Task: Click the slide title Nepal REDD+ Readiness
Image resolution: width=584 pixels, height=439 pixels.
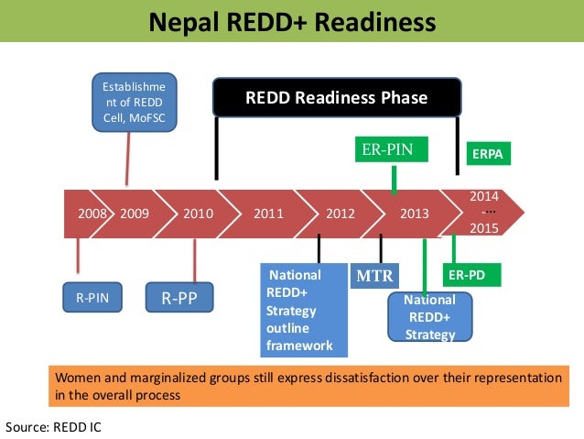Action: point(292,20)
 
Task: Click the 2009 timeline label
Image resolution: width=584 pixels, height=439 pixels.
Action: point(134,214)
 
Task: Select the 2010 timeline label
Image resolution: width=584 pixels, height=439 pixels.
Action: point(199,214)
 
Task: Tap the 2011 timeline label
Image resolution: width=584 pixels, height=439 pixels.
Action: point(268,214)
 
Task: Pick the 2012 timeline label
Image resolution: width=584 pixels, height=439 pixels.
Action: point(341,214)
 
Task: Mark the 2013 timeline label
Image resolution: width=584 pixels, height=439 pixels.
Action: point(414,214)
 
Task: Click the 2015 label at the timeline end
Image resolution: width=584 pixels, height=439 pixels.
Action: point(483,229)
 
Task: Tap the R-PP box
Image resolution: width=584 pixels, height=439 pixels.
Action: point(180,297)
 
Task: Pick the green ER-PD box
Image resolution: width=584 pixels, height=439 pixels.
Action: point(473,274)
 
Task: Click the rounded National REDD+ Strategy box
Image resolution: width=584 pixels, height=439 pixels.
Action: point(429,317)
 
